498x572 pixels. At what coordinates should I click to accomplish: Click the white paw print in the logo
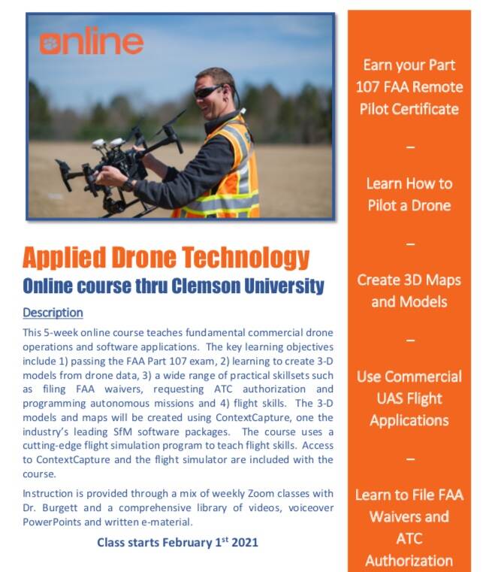(49, 42)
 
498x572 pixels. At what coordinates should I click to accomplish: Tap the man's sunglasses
(207, 92)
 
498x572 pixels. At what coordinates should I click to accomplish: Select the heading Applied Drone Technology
(166, 258)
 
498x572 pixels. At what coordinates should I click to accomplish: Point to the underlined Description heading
(53, 312)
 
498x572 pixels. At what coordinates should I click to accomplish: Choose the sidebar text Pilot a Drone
(409, 205)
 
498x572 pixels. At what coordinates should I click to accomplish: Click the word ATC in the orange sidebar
(409, 538)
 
